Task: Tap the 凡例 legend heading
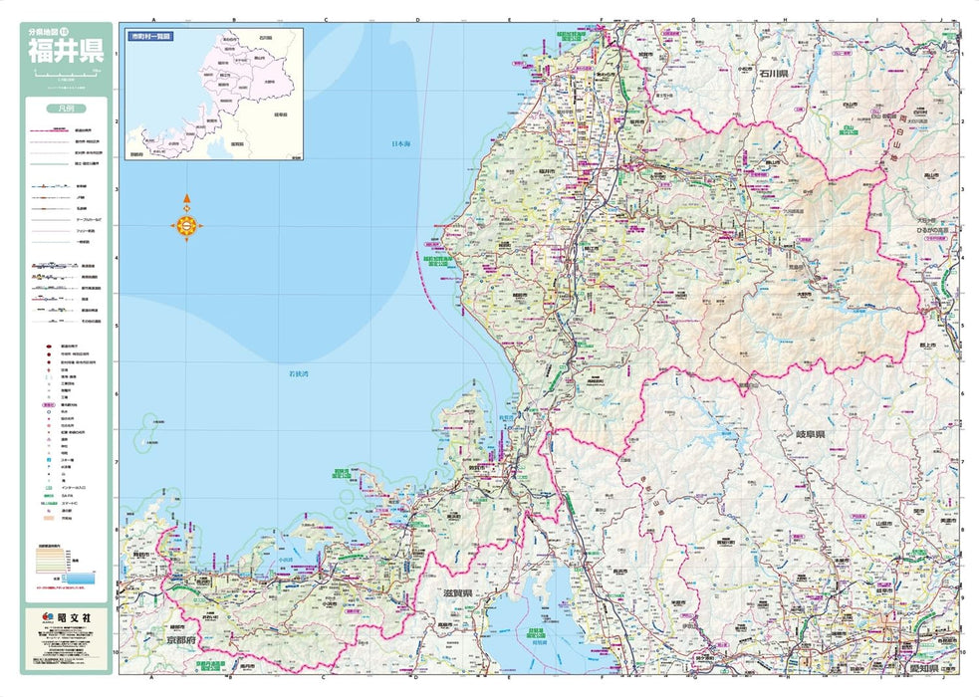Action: [x=66, y=108]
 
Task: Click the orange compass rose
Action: [x=187, y=227]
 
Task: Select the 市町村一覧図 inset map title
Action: [x=150, y=36]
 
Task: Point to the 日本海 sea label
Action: [x=400, y=145]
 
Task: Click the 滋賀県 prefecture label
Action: [x=458, y=593]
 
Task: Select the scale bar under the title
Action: [x=66, y=75]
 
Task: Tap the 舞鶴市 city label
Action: [x=140, y=554]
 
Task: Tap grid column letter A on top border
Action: [x=153, y=19]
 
